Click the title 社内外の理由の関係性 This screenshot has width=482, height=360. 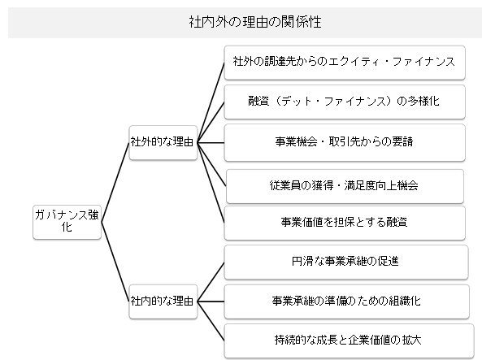[255, 22]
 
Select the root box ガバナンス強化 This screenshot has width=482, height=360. [67, 223]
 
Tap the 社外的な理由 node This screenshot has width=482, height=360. [163, 142]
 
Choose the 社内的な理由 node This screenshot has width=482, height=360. [163, 301]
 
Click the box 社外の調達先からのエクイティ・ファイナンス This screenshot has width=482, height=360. [345, 63]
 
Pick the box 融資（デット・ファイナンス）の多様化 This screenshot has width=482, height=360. [345, 102]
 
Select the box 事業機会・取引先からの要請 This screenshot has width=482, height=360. [345, 143]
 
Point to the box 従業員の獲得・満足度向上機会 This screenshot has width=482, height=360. [345, 186]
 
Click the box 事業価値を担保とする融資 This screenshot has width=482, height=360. [345, 223]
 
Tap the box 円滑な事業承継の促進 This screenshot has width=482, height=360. [346, 262]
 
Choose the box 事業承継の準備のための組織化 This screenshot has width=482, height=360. [347, 301]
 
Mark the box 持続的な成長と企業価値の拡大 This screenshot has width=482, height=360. [349, 341]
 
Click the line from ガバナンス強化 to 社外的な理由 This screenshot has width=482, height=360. [115, 182]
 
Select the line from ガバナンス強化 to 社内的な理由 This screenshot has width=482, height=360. [115, 262]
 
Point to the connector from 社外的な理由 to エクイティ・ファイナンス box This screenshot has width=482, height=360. [211, 102]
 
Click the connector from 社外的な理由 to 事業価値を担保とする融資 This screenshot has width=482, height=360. [211, 183]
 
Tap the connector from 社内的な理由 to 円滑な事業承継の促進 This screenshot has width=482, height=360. [211, 282]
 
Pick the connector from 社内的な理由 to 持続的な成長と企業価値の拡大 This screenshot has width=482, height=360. [211, 321]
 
